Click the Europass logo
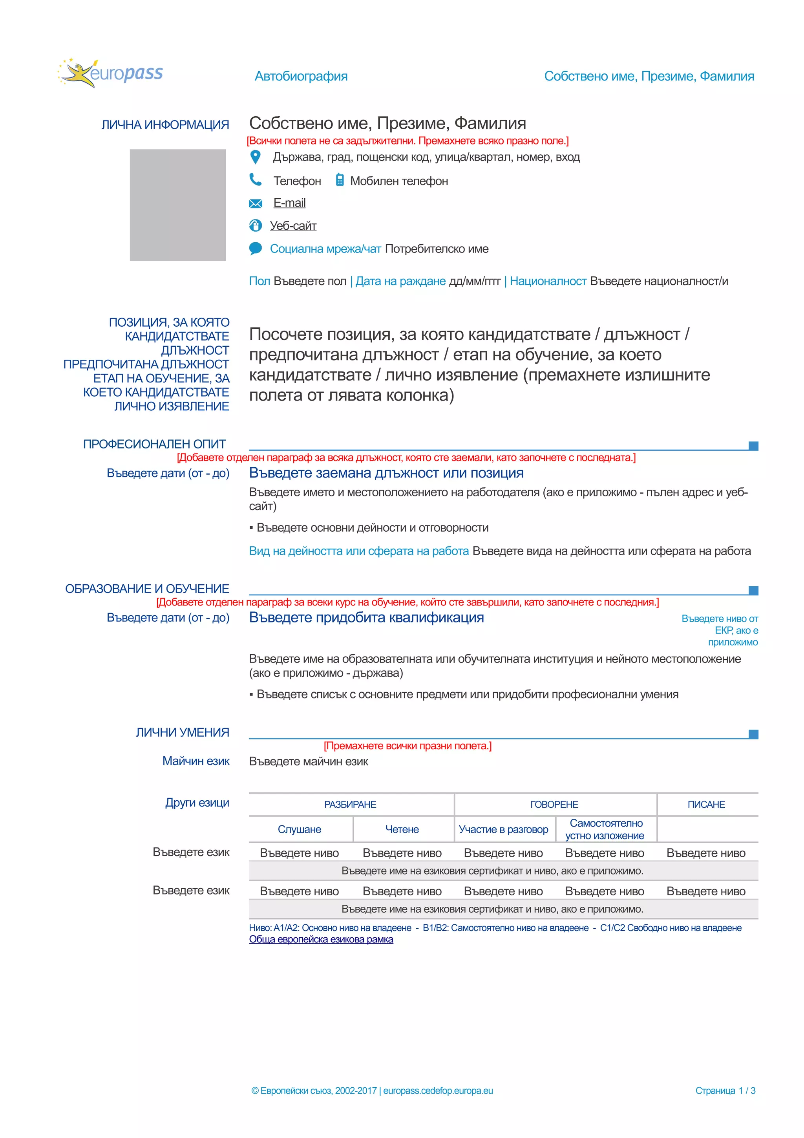(x=110, y=73)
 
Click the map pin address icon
(x=255, y=157)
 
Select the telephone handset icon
(x=255, y=179)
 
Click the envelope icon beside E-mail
(x=255, y=203)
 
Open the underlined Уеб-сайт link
(x=293, y=226)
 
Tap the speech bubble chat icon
(x=255, y=248)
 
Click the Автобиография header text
(x=301, y=76)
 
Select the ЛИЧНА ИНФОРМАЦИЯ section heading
(x=165, y=125)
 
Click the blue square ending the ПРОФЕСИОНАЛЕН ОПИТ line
(x=753, y=446)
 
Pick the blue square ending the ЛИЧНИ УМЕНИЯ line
(x=753, y=734)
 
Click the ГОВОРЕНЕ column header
(x=554, y=805)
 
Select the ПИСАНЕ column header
(x=706, y=805)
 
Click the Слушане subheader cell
(x=299, y=829)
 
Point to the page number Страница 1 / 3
(x=725, y=1090)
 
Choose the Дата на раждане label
(x=400, y=281)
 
